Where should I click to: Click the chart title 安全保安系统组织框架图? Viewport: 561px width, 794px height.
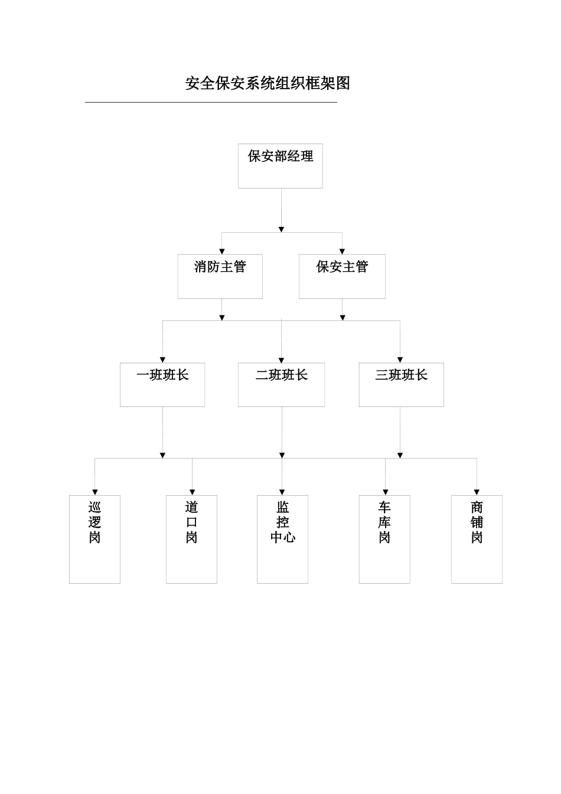pyautogui.click(x=268, y=83)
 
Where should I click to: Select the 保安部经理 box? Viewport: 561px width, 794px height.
pyautogui.click(x=280, y=166)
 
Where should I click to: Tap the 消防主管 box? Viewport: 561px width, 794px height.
pyautogui.click(x=220, y=276)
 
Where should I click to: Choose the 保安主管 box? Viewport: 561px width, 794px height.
pyautogui.click(x=342, y=276)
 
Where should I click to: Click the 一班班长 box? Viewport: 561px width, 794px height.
pyautogui.click(x=162, y=385)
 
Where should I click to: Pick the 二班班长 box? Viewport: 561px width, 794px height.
pyautogui.click(x=281, y=385)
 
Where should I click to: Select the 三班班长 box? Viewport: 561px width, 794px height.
pyautogui.click(x=401, y=385)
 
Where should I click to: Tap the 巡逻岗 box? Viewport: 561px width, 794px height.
pyautogui.click(x=94, y=539)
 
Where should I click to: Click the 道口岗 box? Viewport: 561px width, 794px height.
pyautogui.click(x=191, y=539)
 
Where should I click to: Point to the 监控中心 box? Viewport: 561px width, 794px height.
pyautogui.click(x=282, y=539)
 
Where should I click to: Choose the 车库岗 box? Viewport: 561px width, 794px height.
pyautogui.click(x=384, y=539)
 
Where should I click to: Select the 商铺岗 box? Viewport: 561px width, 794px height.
pyautogui.click(x=477, y=539)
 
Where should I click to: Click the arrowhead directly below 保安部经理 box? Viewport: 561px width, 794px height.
pyautogui.click(x=281, y=229)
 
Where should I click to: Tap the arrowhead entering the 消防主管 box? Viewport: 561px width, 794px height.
pyautogui.click(x=222, y=251)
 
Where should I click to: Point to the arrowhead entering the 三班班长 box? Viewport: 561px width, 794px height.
pyautogui.click(x=400, y=359)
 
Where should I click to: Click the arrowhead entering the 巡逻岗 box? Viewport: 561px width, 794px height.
pyautogui.click(x=95, y=492)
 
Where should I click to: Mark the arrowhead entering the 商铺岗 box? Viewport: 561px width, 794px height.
pyautogui.click(x=477, y=492)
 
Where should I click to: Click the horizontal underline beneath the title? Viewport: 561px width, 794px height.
pyautogui.click(x=211, y=102)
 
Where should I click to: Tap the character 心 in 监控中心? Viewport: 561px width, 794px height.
pyautogui.click(x=289, y=538)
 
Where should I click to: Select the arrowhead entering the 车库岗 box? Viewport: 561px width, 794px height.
pyautogui.click(x=385, y=492)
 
